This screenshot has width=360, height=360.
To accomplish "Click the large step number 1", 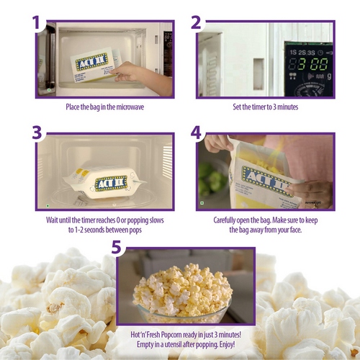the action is click(x=37, y=22).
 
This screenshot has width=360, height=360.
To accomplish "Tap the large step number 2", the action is click(x=196, y=22).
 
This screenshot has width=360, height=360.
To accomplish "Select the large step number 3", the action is click(x=37, y=132).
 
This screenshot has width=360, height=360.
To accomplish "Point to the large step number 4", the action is click(x=196, y=132).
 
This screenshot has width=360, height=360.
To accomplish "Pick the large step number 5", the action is click(x=117, y=247).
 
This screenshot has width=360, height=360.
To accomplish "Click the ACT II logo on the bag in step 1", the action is click(x=91, y=62).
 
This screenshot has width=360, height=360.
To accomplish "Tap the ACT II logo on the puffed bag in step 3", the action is click(x=111, y=184).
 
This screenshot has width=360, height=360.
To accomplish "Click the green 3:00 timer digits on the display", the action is click(x=311, y=64).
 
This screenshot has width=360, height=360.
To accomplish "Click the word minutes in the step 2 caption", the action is click(x=288, y=107).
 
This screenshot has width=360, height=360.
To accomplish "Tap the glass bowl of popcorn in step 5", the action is click(x=182, y=294).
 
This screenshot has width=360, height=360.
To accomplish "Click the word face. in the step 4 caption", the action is click(x=296, y=230).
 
